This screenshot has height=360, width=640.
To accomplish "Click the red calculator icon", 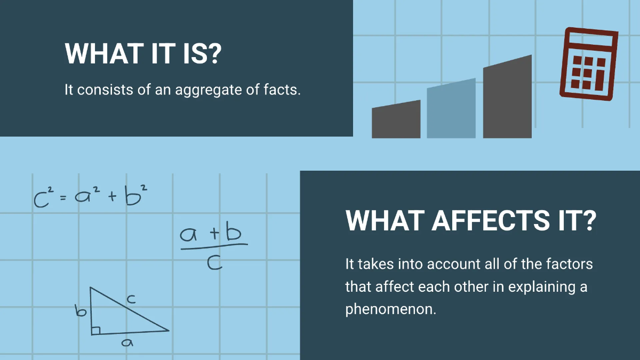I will point(588,63).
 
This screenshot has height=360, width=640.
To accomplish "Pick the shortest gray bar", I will point(396,122).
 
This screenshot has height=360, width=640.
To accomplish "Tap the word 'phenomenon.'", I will point(390,309).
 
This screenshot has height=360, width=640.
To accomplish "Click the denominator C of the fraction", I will point(214,262).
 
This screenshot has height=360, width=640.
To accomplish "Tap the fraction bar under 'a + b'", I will point(214,246).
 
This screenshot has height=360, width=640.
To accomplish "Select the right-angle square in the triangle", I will point(95,331).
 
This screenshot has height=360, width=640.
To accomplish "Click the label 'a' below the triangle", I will point(126,343).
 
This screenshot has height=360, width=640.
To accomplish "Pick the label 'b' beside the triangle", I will point(81,310).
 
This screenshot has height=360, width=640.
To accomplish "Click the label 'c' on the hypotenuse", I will point(131,300).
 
